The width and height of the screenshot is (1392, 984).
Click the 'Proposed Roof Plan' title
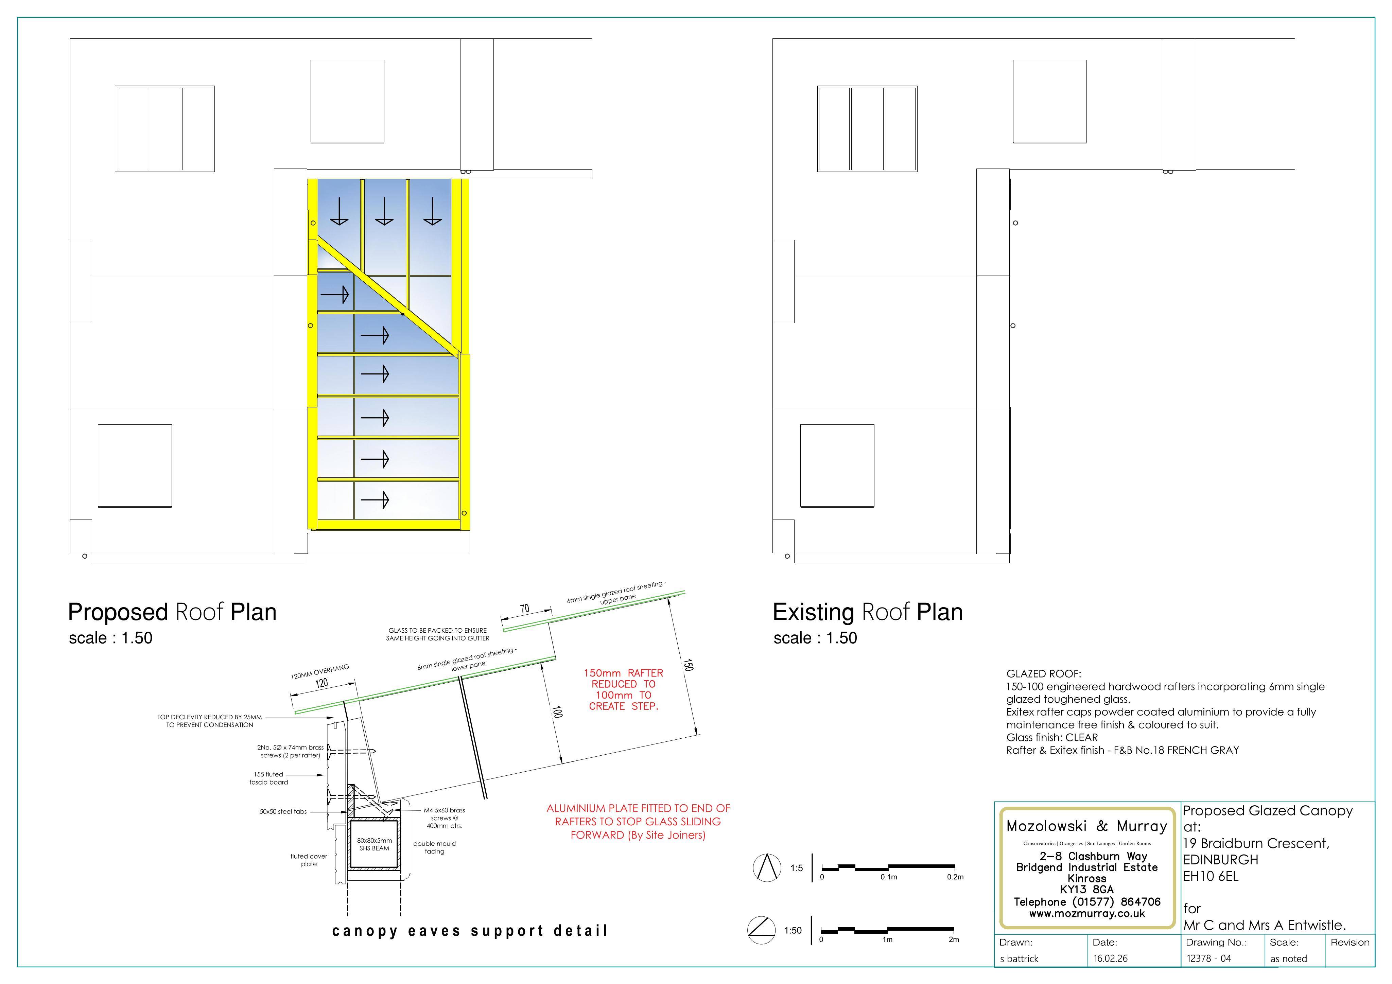172,612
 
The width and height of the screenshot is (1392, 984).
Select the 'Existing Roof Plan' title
868,612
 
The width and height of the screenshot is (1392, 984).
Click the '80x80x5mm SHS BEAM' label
375,844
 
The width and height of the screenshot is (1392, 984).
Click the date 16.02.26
1111,959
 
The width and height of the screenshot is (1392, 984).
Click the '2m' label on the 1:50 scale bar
954,940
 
